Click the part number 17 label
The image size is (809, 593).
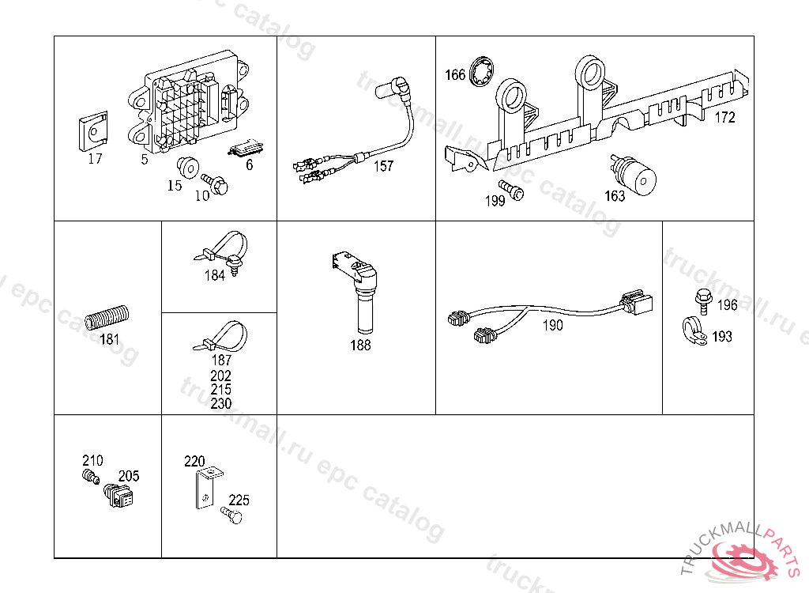click(95, 159)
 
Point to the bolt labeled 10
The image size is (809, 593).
click(215, 184)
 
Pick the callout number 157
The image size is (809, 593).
click(384, 166)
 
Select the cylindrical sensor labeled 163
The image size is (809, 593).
click(638, 176)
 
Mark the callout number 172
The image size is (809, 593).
click(724, 118)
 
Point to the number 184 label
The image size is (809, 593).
click(214, 276)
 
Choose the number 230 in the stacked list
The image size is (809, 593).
click(221, 403)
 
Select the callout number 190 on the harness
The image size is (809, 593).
click(553, 325)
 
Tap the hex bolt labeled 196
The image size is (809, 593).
click(702, 299)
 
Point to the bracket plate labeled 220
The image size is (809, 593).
click(205, 490)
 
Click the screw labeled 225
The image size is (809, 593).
click(232, 516)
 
